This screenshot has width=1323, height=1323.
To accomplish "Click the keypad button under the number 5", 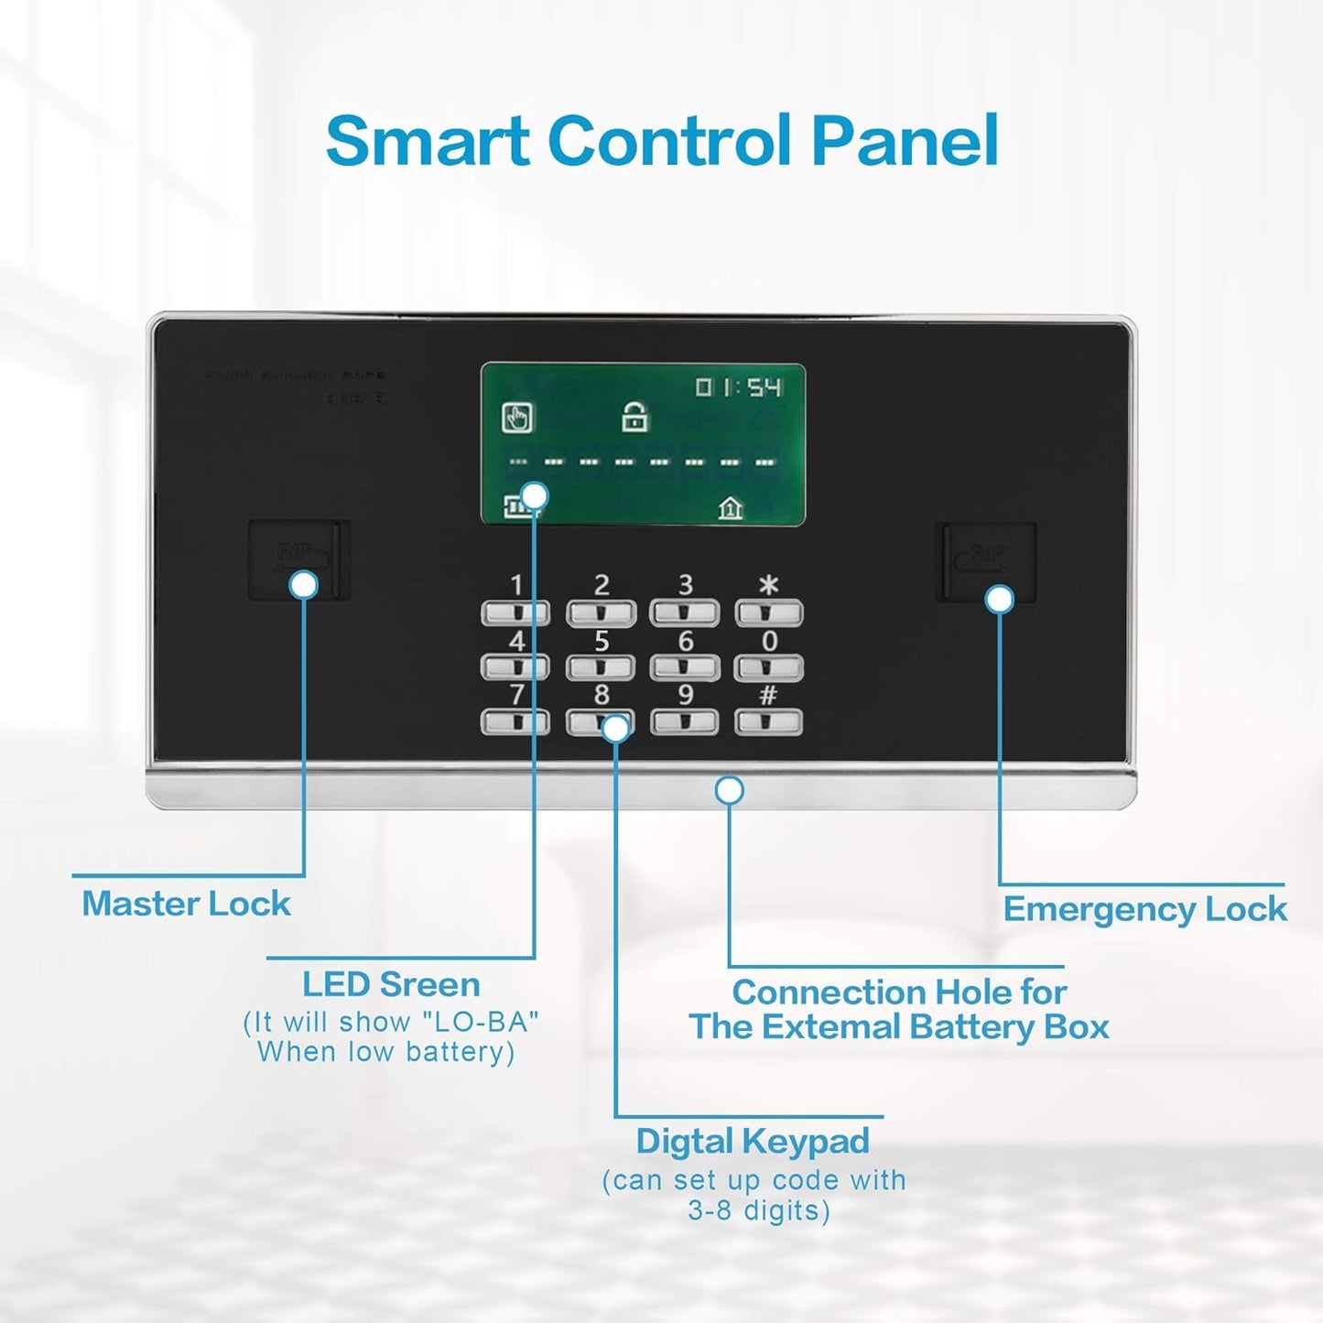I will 601,667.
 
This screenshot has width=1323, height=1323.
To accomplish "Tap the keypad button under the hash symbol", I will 768,721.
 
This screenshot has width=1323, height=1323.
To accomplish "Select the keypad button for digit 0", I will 768,667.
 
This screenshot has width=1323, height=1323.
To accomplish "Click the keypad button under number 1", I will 515,612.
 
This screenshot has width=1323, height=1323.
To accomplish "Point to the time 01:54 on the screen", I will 738,387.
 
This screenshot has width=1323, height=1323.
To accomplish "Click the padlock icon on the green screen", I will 634,417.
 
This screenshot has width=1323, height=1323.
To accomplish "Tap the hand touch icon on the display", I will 517,418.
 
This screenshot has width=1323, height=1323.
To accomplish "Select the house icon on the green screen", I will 730,506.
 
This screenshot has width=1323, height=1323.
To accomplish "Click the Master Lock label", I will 186,904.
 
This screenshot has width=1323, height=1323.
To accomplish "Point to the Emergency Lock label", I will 1144,909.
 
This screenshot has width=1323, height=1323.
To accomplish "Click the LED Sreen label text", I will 391,984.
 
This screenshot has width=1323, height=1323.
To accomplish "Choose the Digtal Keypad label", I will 753,1142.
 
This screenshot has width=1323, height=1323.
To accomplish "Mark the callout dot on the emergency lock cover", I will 1000,600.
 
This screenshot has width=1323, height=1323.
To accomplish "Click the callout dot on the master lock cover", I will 304,585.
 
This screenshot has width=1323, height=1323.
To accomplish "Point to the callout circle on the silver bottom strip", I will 730,790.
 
